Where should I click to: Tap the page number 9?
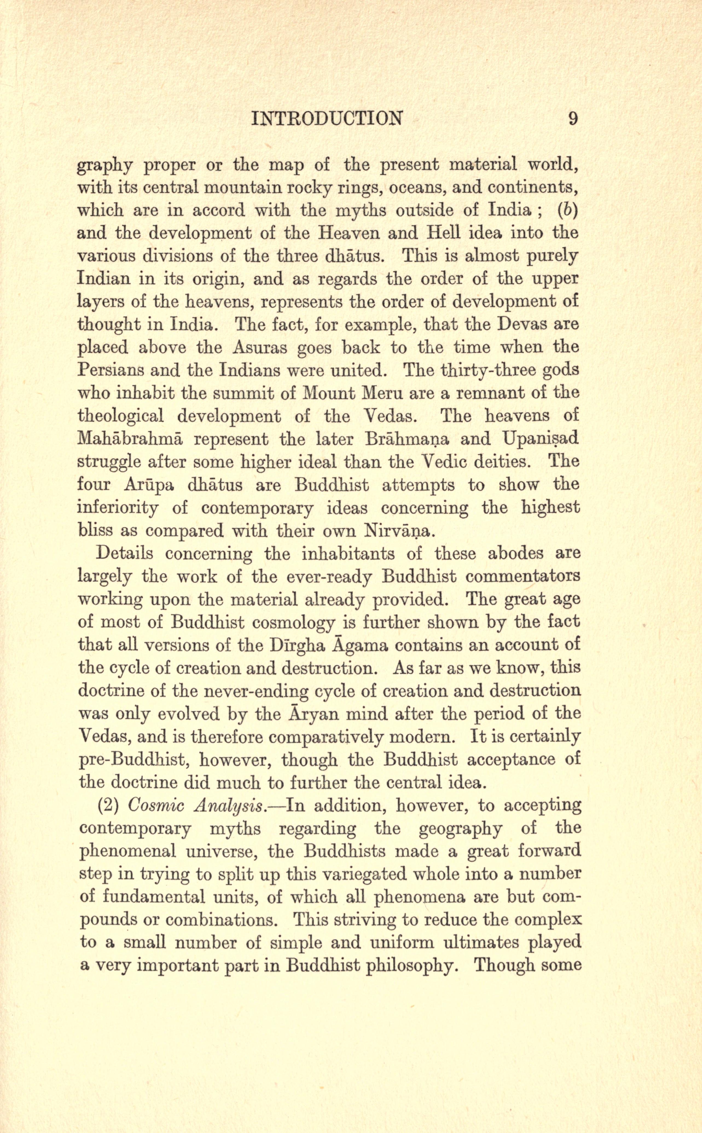[x=573, y=119]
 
